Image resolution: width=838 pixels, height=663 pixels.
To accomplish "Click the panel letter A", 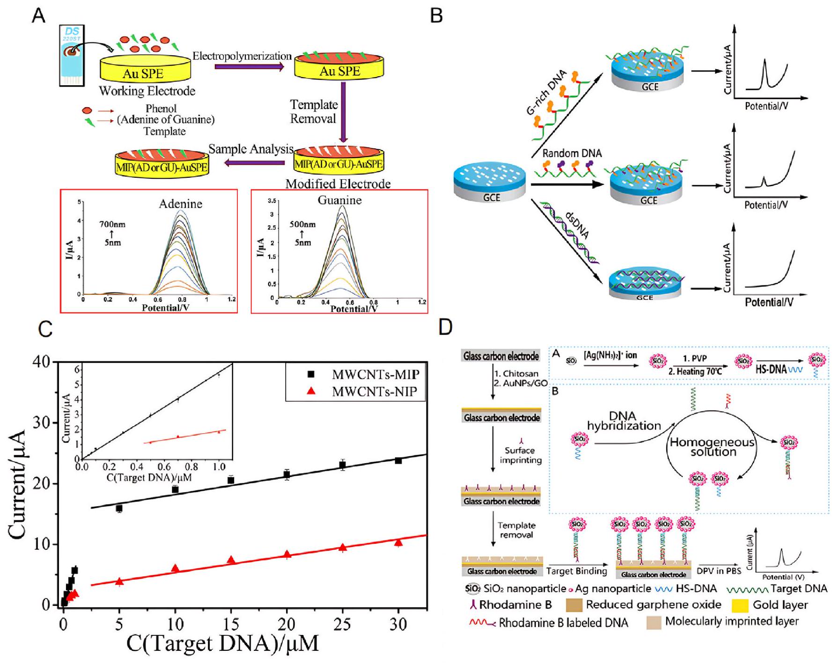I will point(38,16).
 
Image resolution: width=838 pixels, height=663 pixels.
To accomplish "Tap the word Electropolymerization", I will point(242,56).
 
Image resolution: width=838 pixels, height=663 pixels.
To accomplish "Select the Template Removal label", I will point(314,111).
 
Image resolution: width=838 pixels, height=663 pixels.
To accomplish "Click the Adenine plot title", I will point(180,204).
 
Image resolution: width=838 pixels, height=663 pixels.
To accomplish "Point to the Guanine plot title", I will point(339,200).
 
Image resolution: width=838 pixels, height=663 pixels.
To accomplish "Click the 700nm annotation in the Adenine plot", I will point(112,225).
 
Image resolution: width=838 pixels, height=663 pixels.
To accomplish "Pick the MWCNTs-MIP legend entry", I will point(375,375).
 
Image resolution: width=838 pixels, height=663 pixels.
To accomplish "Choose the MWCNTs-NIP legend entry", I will point(375,392).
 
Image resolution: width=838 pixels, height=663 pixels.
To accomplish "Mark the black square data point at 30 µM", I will point(398,461).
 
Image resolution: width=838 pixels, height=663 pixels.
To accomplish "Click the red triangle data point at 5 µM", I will point(119,582).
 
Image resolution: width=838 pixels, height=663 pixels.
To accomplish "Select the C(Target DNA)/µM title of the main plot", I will point(222,643).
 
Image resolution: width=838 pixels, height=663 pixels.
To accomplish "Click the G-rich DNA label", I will point(546,93).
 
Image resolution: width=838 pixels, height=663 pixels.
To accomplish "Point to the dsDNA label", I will point(577,225).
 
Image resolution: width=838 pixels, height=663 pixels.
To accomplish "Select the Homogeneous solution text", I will point(713,447).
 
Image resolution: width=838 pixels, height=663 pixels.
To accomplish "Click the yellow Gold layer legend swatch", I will point(739,605).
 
